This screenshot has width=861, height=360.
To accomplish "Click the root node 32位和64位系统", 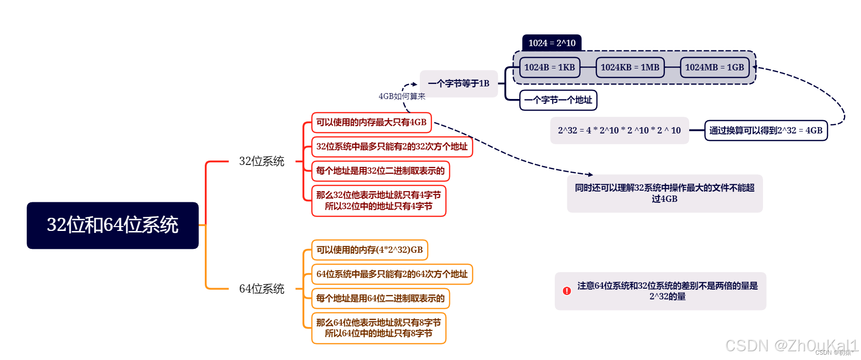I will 113,225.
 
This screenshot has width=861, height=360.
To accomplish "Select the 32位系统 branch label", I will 262,161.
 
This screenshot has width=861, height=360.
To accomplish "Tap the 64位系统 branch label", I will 262,289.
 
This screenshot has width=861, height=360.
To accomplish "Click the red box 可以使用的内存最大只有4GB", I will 371,122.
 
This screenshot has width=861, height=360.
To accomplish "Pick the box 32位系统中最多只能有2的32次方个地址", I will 392,147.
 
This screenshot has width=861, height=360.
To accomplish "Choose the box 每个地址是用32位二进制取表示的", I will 381,171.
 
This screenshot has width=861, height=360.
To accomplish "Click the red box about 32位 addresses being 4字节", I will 379,200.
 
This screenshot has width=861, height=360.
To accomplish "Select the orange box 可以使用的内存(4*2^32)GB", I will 369,250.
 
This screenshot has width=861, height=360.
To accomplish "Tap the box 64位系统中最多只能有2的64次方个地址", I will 392,274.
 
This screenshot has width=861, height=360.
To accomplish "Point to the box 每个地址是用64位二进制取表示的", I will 381,298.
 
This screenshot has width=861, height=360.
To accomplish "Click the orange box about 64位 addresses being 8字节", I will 379,328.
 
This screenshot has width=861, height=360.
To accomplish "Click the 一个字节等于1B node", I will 459,83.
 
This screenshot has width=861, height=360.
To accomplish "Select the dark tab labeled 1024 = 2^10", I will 552,43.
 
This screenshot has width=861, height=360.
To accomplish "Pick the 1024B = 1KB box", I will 549,67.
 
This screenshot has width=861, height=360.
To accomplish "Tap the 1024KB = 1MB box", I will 630,67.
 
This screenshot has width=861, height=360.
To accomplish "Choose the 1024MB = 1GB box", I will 714,67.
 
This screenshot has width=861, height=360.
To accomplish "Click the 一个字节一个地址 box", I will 558,100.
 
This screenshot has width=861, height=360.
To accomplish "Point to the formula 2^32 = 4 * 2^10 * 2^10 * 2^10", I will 619,131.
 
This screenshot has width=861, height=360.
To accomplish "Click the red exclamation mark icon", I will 567,291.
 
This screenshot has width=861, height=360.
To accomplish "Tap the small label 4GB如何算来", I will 402,97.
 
